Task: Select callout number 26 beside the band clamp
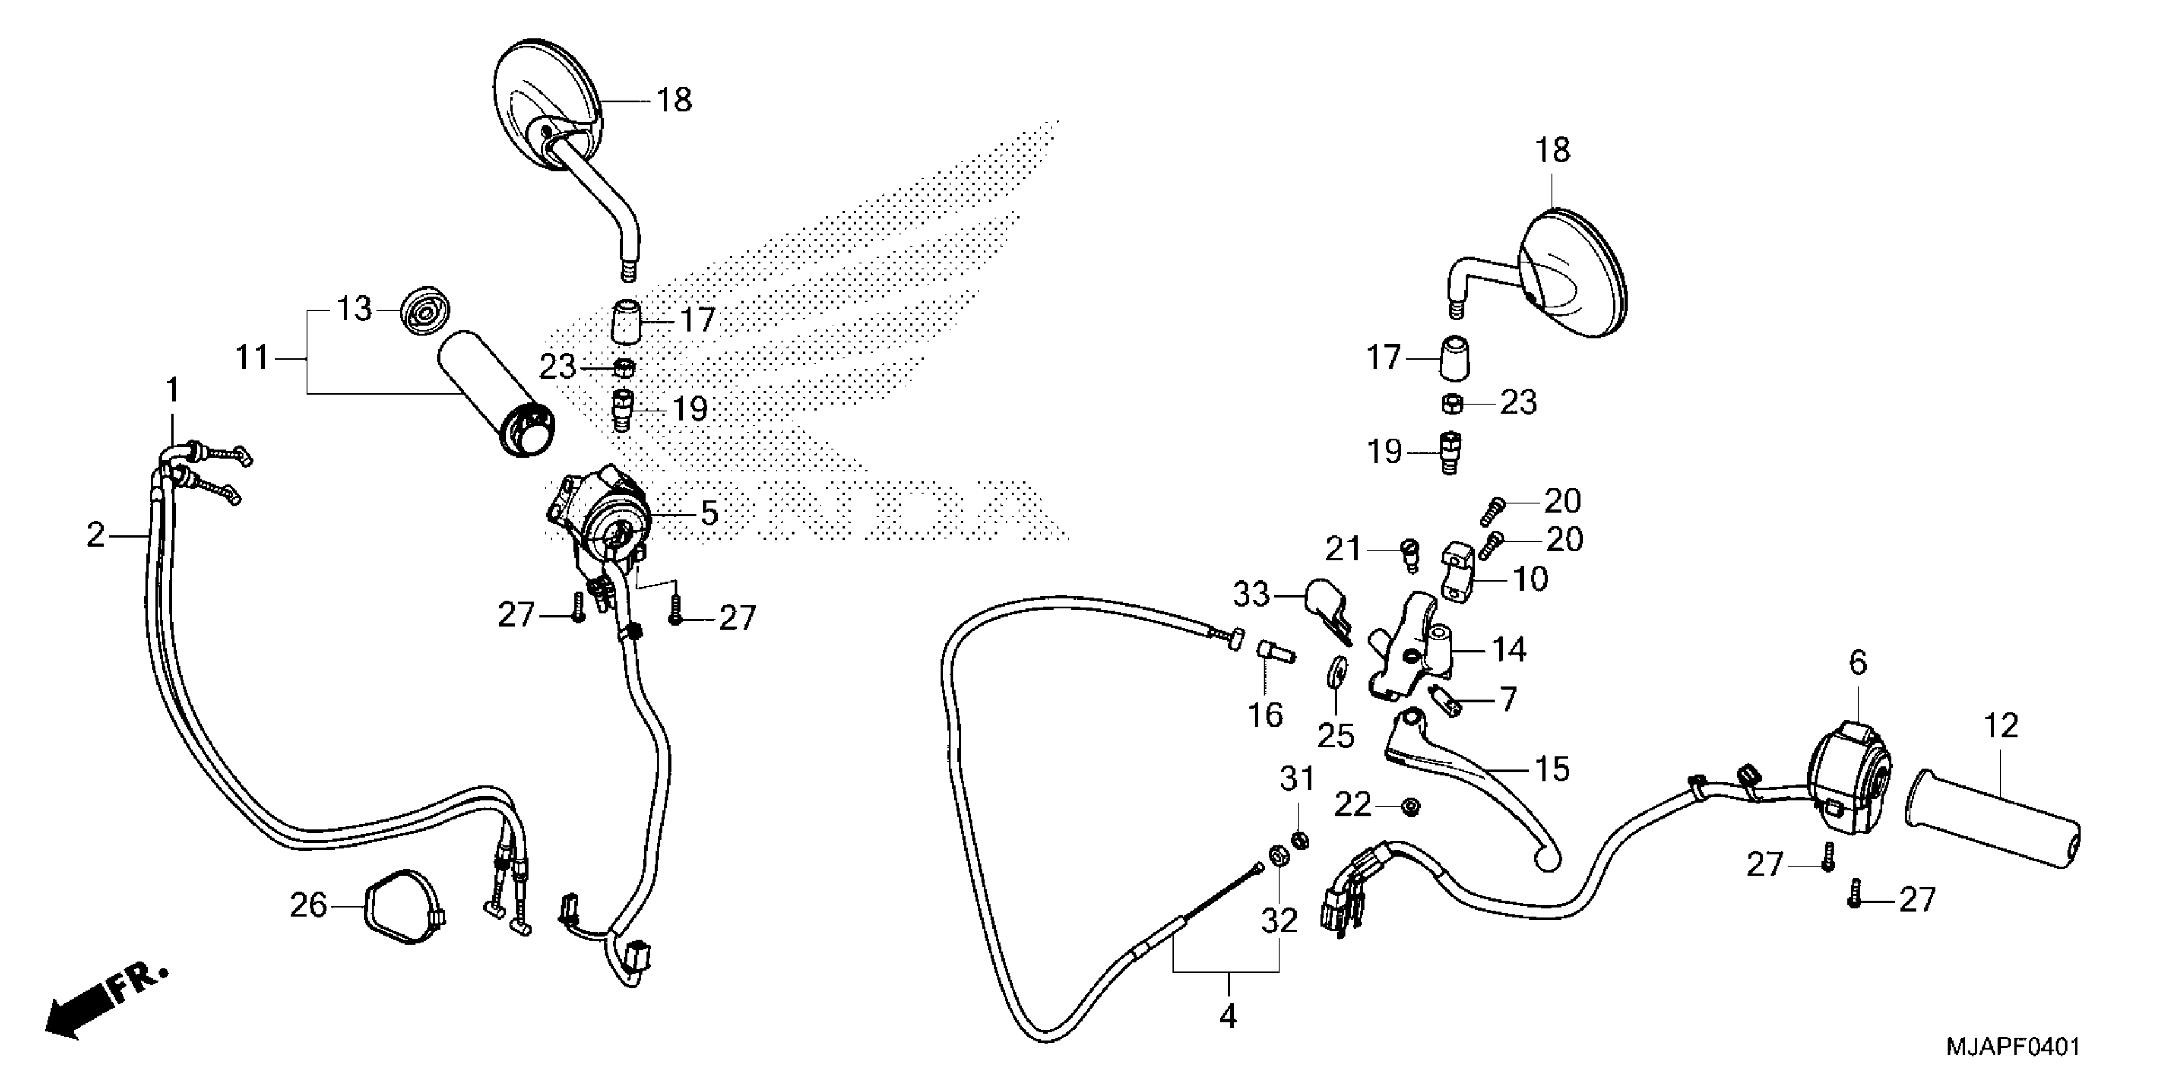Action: tap(308, 905)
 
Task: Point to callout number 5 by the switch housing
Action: tap(709, 513)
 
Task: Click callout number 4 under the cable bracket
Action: tap(1228, 1016)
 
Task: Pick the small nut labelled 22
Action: tap(1412, 806)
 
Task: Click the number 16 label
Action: tap(1265, 716)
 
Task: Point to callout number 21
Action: tap(1342, 549)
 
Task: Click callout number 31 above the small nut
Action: tap(1297, 779)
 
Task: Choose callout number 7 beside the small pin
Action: tap(1508, 699)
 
